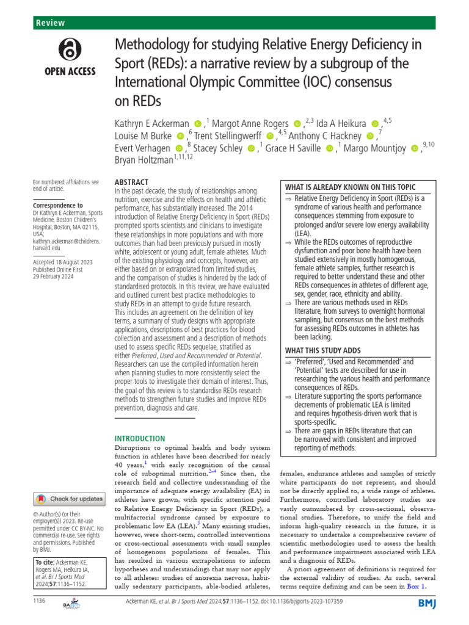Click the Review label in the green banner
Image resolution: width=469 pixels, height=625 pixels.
51,23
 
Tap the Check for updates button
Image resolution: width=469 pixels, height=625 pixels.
68,499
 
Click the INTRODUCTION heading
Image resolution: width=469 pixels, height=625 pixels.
140,438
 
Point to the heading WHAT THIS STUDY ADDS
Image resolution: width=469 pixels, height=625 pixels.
324,350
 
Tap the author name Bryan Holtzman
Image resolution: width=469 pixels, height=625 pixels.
144,161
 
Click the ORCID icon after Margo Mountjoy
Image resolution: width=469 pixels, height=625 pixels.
416,148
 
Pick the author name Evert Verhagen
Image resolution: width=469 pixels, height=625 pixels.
143,148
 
